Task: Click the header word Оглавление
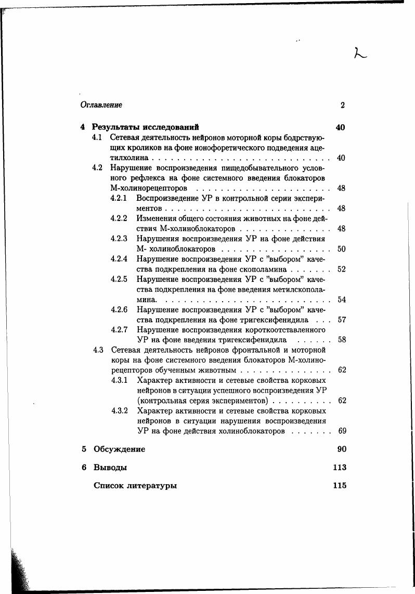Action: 101,105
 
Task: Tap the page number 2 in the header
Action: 343,105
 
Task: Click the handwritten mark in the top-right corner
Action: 359,53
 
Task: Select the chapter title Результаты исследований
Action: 146,127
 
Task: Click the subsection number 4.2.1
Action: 119,198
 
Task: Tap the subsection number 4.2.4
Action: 119,259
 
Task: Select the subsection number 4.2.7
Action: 119,330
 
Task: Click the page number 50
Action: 341,249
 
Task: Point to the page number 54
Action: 341,300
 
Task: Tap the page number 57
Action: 341,320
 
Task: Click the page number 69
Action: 341,431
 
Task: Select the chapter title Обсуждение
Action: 119,449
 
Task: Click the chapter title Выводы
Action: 110,468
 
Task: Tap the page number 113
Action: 339,468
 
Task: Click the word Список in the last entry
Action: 109,486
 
